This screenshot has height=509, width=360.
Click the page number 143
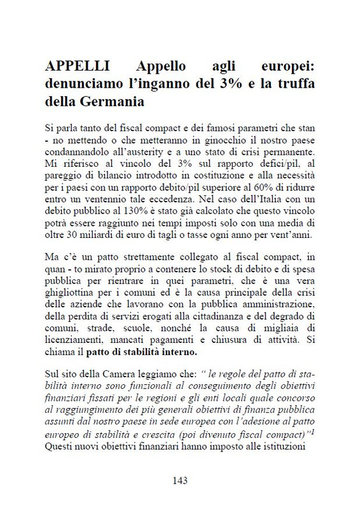coord(180,481)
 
